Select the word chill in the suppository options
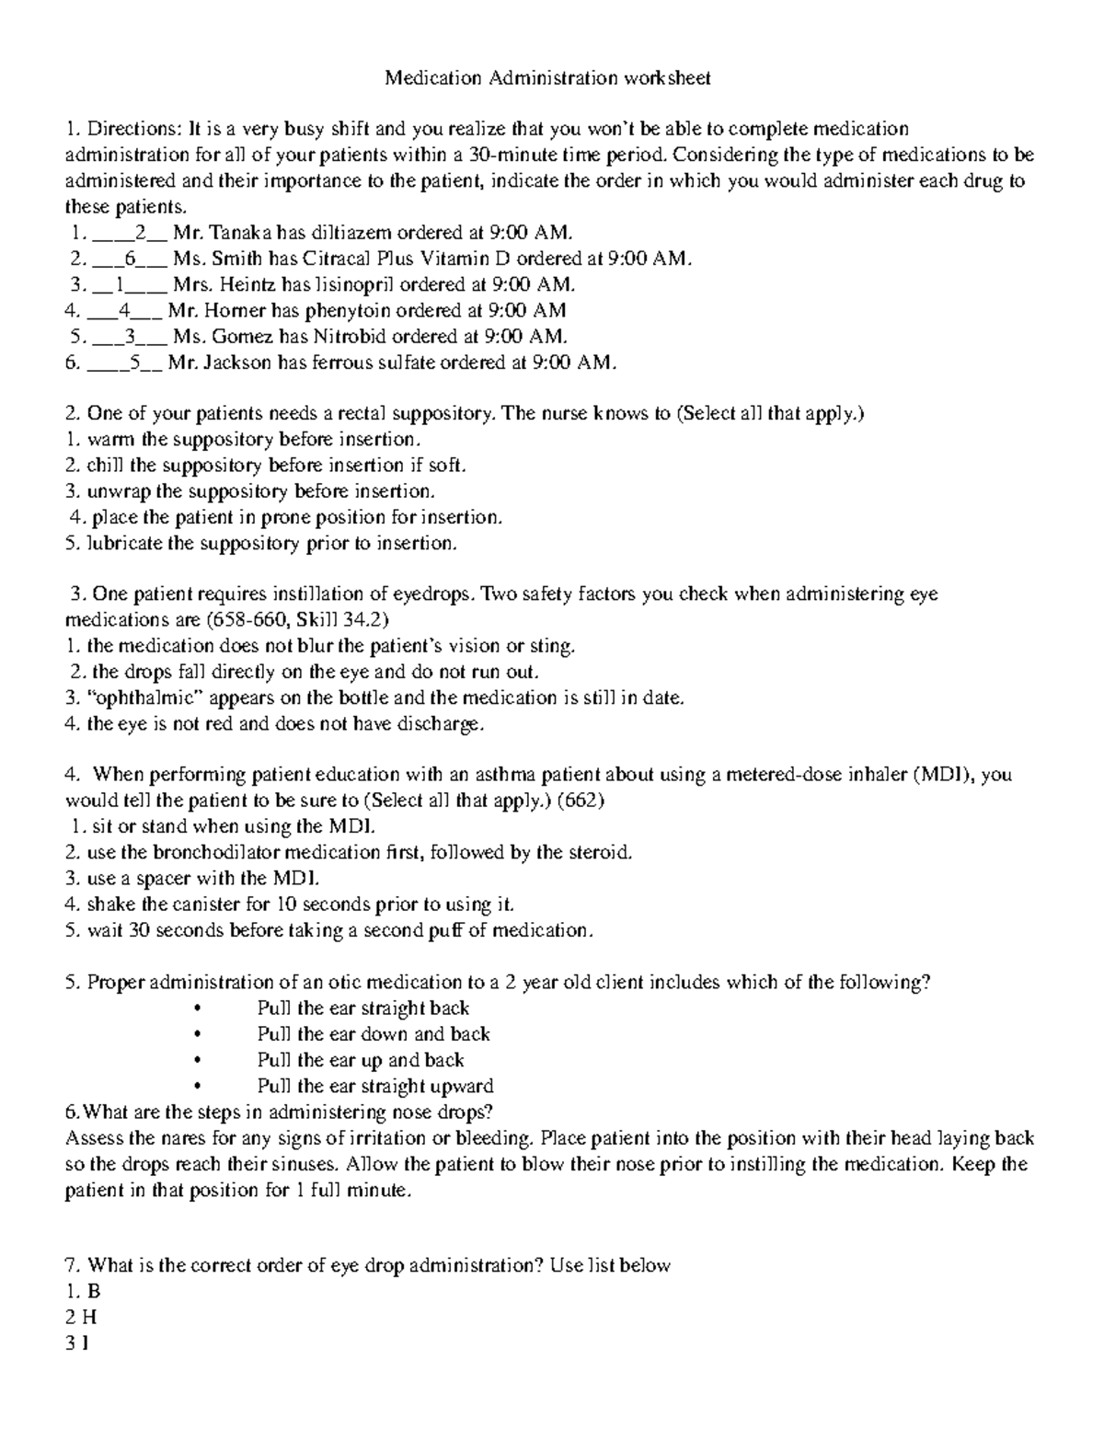coord(106,466)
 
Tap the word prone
coord(287,517)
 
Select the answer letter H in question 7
coord(89,1317)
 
